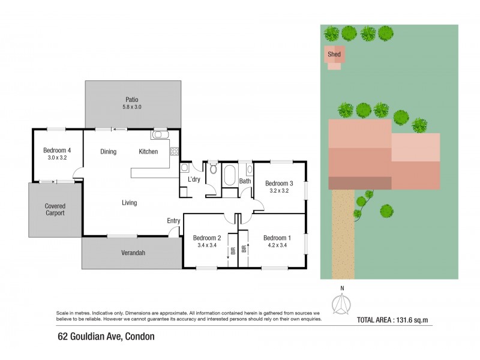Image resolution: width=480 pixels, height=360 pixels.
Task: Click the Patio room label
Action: pos(131,100)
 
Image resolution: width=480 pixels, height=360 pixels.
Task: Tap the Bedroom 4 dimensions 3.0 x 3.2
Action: pos(57,158)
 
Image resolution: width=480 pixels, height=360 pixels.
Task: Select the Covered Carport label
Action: pos(55,209)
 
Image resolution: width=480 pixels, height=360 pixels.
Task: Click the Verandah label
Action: pos(133,253)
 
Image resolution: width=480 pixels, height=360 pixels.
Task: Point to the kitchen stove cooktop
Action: pos(175,151)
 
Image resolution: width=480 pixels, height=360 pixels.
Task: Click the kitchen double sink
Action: pos(160,134)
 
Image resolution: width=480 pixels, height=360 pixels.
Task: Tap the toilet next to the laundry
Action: pos(214,167)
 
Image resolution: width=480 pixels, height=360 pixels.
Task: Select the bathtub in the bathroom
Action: pos(230,175)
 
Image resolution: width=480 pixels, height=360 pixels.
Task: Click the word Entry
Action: pos(173,221)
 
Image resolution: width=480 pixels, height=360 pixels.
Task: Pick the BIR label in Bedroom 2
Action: pos(233,251)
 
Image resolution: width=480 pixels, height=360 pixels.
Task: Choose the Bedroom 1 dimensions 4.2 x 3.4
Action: pos(277,245)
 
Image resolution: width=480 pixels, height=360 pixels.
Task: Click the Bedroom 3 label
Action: pos(279,184)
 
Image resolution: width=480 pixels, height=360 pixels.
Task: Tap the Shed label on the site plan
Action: pos(334,54)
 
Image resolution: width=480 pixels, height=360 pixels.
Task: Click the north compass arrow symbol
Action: pos(341,304)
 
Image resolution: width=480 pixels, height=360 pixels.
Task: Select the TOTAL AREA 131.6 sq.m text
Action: pos(392,320)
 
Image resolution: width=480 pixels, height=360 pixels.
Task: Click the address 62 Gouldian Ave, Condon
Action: pos(106,337)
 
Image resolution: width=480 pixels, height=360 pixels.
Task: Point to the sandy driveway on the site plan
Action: pos(343,234)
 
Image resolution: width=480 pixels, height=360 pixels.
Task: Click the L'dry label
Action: pos(194,179)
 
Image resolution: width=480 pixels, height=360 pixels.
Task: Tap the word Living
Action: pos(129,203)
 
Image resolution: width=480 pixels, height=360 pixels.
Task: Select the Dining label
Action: pos(109,152)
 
